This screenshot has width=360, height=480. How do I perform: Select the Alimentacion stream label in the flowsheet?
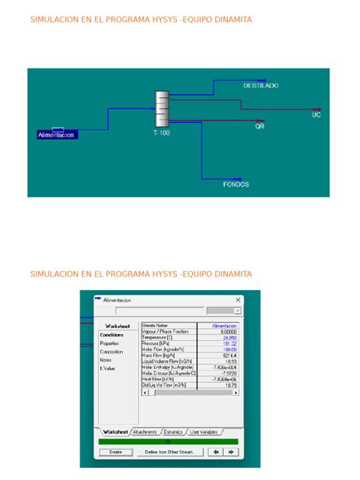coord(56,135)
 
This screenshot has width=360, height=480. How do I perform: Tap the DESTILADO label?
coord(261,86)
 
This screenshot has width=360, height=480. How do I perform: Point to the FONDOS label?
coord(235,185)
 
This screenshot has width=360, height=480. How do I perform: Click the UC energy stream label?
coord(317,115)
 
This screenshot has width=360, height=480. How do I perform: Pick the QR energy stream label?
coord(260,127)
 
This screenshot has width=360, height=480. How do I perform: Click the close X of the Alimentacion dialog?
coord(238,300)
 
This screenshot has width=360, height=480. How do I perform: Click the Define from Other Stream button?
coord(169,452)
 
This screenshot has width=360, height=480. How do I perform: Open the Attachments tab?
coord(144,431)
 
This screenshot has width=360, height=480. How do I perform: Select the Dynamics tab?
coord(173,431)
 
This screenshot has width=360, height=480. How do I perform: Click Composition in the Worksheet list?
coord(111,352)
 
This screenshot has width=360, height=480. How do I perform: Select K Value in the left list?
coord(107,368)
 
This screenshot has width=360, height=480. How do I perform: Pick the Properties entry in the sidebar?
coord(109,343)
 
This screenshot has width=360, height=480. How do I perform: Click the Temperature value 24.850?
coord(229,337)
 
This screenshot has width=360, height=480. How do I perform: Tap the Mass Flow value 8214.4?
coord(229,355)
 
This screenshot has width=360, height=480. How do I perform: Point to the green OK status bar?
coord(168,441)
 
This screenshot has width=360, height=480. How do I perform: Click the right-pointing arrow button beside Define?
coord(231,452)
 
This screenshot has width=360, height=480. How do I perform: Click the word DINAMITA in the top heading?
coord(231,19)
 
